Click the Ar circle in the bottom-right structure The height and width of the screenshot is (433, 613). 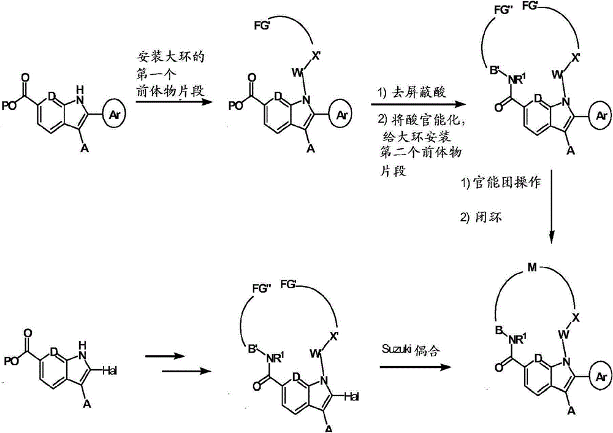click(601, 377)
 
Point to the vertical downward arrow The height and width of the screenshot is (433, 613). click(552, 207)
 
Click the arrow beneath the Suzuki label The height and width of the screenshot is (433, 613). click(415, 367)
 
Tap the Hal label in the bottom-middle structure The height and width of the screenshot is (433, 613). click(351, 397)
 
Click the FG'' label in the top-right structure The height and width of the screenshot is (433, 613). click(504, 10)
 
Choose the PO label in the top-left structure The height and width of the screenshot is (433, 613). click(9, 106)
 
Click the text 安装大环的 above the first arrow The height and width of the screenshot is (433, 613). click(170, 57)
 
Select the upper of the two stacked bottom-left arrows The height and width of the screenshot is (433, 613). click(164, 356)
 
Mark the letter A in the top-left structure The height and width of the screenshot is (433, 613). click(85, 148)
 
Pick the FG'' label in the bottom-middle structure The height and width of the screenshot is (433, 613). click(262, 289)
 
